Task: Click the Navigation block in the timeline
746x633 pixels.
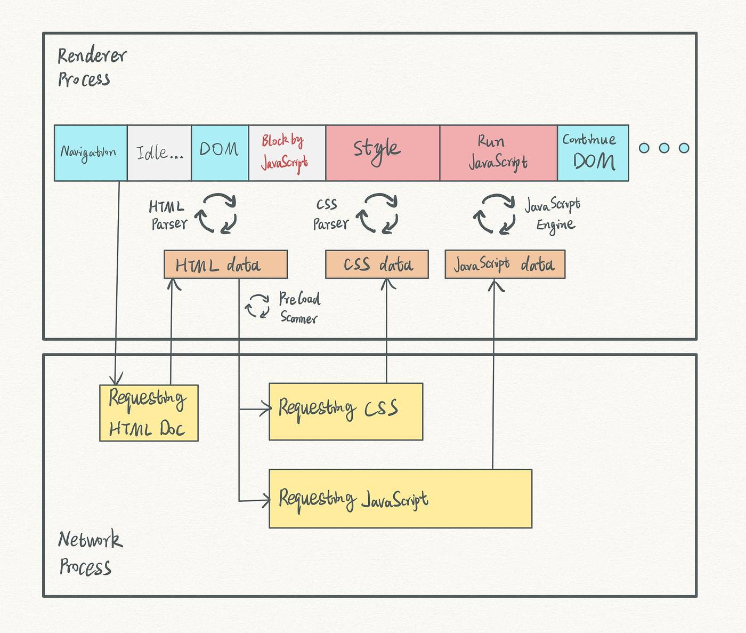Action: [x=91, y=153]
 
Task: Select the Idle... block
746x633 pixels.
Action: [x=159, y=153]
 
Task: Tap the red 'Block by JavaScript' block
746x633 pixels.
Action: [x=287, y=153]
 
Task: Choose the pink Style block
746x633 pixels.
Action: [x=382, y=153]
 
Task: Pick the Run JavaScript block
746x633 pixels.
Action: [x=498, y=153]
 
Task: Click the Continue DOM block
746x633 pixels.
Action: [x=593, y=153]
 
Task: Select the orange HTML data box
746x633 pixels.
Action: [x=225, y=265]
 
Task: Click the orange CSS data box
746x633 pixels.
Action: [x=377, y=265]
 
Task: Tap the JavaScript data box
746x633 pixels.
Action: [x=505, y=265]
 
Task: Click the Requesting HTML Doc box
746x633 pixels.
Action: [x=149, y=413]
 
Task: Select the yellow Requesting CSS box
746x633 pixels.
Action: [x=345, y=411]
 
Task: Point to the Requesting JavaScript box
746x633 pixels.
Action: [x=400, y=499]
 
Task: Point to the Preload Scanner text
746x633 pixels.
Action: [x=299, y=308]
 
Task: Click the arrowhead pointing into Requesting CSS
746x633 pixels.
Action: [x=265, y=410]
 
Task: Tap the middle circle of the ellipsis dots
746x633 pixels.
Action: [x=664, y=148]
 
